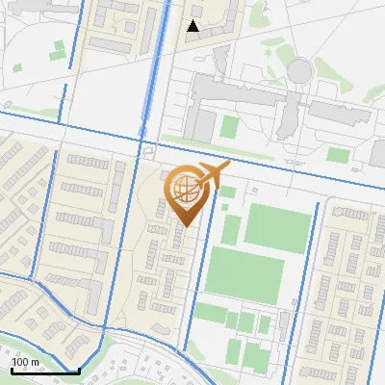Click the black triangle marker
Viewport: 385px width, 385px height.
pyautogui.click(x=192, y=26)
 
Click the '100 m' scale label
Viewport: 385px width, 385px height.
pyautogui.click(x=26, y=361)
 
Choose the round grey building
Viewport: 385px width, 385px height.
pyautogui.click(x=300, y=69)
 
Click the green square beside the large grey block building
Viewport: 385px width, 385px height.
pyautogui.click(x=229, y=126)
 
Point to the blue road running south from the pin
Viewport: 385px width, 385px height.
pyautogui.click(x=195, y=289)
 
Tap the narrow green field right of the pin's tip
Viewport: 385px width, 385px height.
pyautogui.click(x=231, y=229)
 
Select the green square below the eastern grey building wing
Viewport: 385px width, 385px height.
pyautogui.click(x=337, y=154)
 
